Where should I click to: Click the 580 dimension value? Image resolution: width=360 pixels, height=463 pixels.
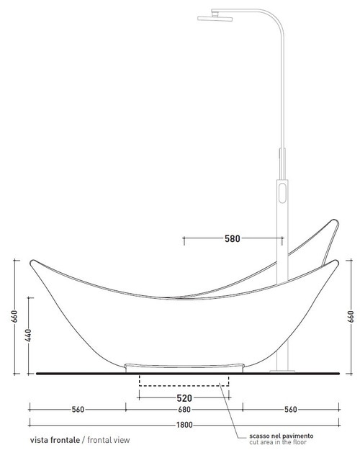[x=232, y=238]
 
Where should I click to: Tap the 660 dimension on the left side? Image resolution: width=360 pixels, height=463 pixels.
[x=13, y=317]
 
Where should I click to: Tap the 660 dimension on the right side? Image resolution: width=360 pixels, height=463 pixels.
[x=351, y=317]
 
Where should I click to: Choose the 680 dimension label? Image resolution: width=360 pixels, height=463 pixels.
[x=184, y=410]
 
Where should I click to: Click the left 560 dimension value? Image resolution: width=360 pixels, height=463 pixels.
[x=77, y=410]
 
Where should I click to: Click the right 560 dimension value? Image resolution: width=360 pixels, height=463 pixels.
[x=291, y=410]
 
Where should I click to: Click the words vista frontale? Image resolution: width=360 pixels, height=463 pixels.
[x=55, y=439]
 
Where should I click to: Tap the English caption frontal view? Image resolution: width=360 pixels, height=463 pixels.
[x=108, y=439]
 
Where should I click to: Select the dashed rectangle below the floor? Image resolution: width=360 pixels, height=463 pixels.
[x=184, y=381]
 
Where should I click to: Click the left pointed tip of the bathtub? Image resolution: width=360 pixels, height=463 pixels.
[x=31, y=261]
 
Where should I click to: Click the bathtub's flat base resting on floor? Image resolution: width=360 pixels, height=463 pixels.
[x=184, y=367]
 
